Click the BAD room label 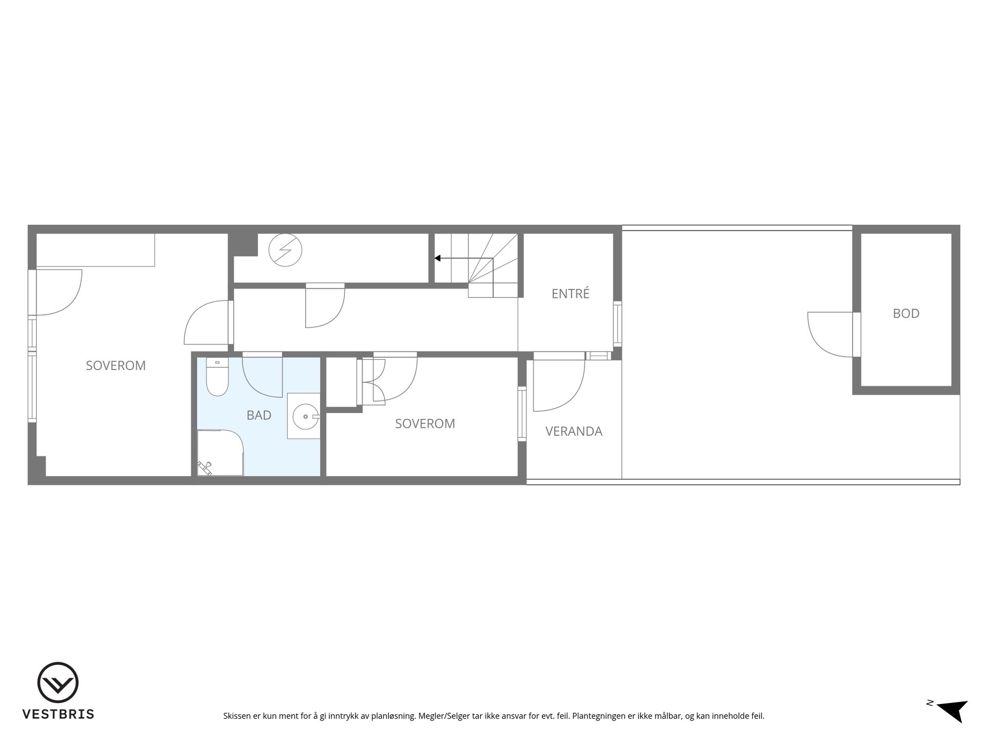pos(259,415)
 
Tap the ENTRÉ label pos(570,293)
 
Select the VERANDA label pos(574,431)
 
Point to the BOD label pos(906,313)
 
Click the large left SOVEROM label pos(116,366)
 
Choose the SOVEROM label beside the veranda pos(425,424)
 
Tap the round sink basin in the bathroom pos(306,416)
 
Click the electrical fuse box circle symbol pos(285,250)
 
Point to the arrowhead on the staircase pos(437,258)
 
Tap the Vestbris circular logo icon pos(58,682)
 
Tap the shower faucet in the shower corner pos(205,468)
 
